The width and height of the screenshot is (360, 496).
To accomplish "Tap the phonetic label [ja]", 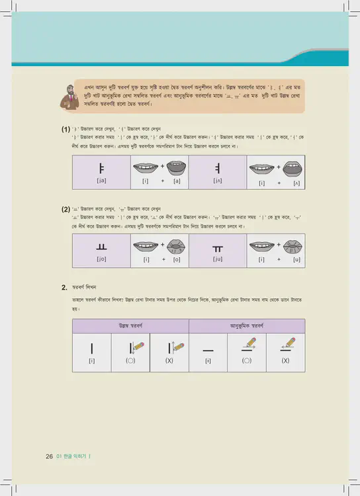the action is tap(101, 181).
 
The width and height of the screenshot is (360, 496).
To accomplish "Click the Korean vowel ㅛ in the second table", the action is tap(101, 247).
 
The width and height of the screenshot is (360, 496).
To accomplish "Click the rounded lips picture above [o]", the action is tap(175, 247).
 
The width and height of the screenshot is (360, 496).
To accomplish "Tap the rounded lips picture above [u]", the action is tap(296, 247).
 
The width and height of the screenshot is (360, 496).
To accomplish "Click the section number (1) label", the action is tap(66, 129).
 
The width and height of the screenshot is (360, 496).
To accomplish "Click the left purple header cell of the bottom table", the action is tap(130, 326).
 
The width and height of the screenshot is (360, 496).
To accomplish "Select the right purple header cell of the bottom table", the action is tap(247, 326).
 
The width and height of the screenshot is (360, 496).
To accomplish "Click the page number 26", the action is tap(49, 456).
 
